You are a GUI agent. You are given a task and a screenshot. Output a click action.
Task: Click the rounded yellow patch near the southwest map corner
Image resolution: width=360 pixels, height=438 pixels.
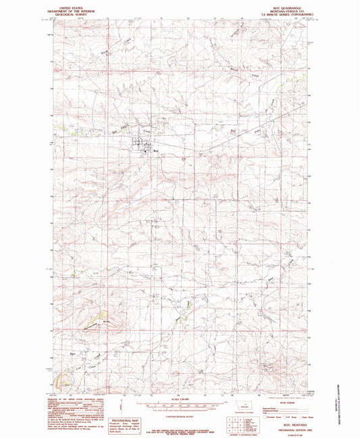pos(65,383)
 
